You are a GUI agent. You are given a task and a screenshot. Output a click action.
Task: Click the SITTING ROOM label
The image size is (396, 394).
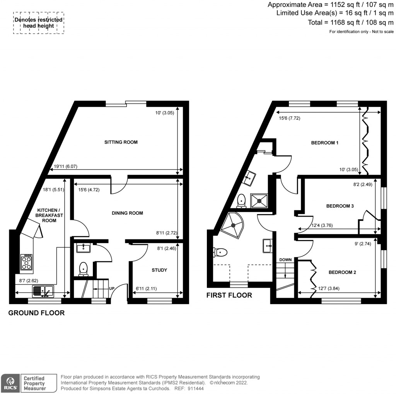pos(121,142)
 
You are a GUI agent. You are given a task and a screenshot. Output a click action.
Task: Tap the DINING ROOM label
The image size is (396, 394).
pos(127,213)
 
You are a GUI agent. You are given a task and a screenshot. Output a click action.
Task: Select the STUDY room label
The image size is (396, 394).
pos(159,270)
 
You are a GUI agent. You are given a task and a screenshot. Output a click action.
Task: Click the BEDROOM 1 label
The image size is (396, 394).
pos(325,143)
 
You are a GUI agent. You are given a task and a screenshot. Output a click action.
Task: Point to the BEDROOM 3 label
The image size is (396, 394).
pos(340,206)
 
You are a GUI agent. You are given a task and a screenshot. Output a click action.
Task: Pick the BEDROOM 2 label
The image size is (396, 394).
pos(342,272)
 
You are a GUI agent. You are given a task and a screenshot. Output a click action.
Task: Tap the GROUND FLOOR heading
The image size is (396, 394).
pos(36,313)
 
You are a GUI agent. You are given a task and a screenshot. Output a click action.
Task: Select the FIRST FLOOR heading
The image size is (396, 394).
pos(229,295)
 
